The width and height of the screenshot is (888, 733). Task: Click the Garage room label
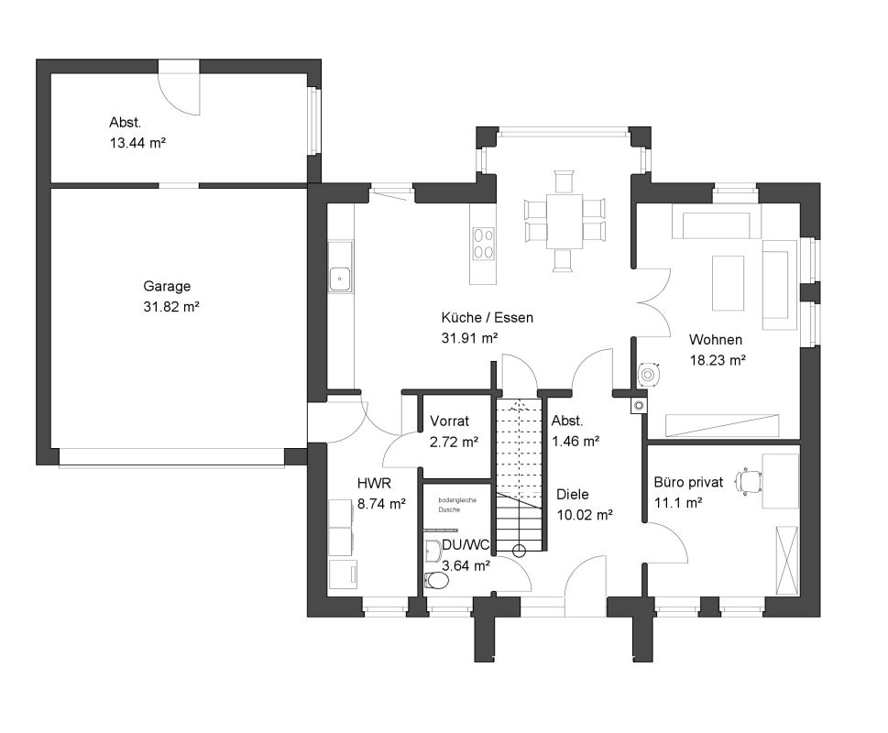point(167,287)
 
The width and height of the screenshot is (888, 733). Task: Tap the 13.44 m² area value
point(137,143)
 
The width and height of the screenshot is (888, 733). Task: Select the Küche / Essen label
point(487,318)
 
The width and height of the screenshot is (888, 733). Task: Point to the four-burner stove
point(483,244)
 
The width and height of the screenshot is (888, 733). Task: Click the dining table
point(565,222)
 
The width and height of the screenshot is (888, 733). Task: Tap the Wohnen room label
point(716,340)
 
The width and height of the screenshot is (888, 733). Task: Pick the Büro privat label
point(688,482)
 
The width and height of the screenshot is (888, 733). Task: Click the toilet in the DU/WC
point(436,580)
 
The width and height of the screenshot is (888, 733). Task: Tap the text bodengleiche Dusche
point(457,505)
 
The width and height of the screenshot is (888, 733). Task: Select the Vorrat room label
point(450,421)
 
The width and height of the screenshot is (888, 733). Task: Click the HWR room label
point(374,484)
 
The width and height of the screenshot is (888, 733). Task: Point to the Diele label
point(572,494)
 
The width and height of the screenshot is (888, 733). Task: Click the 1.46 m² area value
point(576,442)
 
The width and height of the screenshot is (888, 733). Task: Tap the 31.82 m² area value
point(171,307)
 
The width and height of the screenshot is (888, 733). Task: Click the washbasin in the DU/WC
point(433,551)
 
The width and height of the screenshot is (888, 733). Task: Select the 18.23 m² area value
point(717,360)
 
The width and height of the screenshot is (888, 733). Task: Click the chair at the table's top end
point(565,181)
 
